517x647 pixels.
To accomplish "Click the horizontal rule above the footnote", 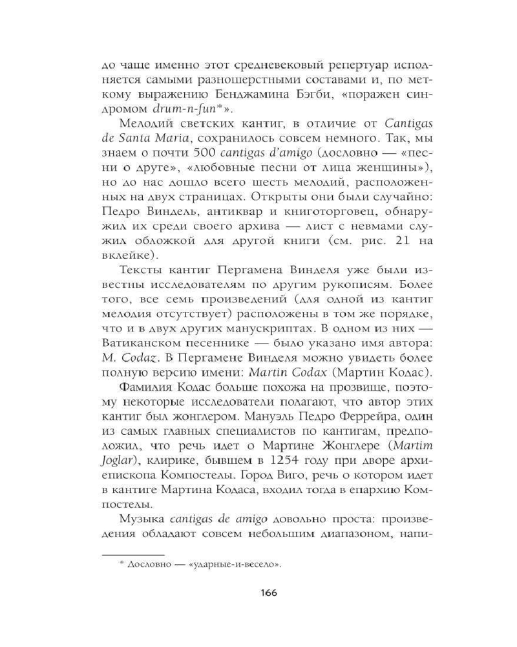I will point(134,554).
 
